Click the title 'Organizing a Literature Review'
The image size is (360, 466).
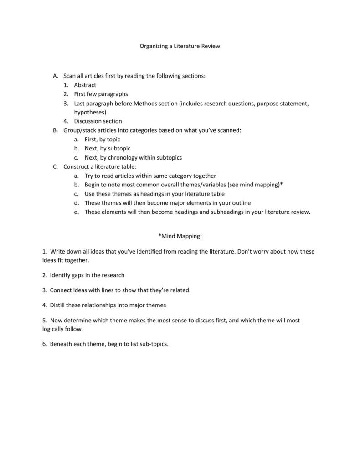click(180, 46)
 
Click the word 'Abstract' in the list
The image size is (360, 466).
click(85, 85)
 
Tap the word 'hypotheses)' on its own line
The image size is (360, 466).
click(90, 112)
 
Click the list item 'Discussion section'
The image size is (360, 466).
click(98, 121)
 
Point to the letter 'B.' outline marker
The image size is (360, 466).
click(56, 130)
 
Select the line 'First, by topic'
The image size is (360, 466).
click(102, 140)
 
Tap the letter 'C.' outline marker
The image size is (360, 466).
click(56, 167)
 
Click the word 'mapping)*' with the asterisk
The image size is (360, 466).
click(270, 185)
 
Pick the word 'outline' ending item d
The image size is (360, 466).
click(241, 203)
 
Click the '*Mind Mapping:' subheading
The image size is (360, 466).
click(180, 236)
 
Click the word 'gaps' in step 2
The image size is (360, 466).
click(78, 275)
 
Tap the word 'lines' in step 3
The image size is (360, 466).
click(112, 290)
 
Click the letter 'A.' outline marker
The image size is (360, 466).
click(56, 76)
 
